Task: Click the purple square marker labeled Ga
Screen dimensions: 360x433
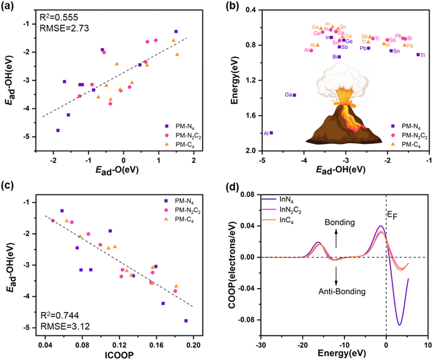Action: tap(295, 95)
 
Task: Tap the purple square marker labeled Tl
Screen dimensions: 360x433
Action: tap(418, 55)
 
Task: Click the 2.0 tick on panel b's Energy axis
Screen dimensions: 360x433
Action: tap(248, 151)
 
